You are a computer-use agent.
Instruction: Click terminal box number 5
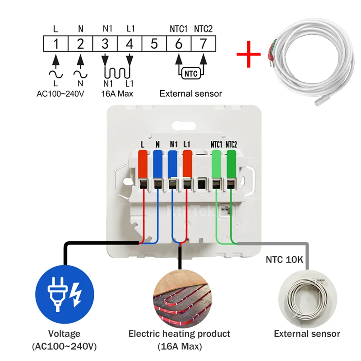[x=154, y=44]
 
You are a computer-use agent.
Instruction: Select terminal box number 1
[x=56, y=44]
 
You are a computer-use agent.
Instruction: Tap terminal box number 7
[x=203, y=44]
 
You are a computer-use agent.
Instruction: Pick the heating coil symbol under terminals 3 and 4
[x=117, y=71]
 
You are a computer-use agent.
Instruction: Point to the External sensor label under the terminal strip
[x=191, y=94]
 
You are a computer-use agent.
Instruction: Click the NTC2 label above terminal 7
[x=203, y=28]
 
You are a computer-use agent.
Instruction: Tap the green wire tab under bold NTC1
[x=217, y=165]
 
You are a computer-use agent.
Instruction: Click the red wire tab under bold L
[x=143, y=165]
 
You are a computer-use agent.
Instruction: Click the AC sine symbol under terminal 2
[x=80, y=73]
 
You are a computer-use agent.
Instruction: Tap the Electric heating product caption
[x=179, y=334]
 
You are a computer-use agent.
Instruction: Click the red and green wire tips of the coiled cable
[x=271, y=50]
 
